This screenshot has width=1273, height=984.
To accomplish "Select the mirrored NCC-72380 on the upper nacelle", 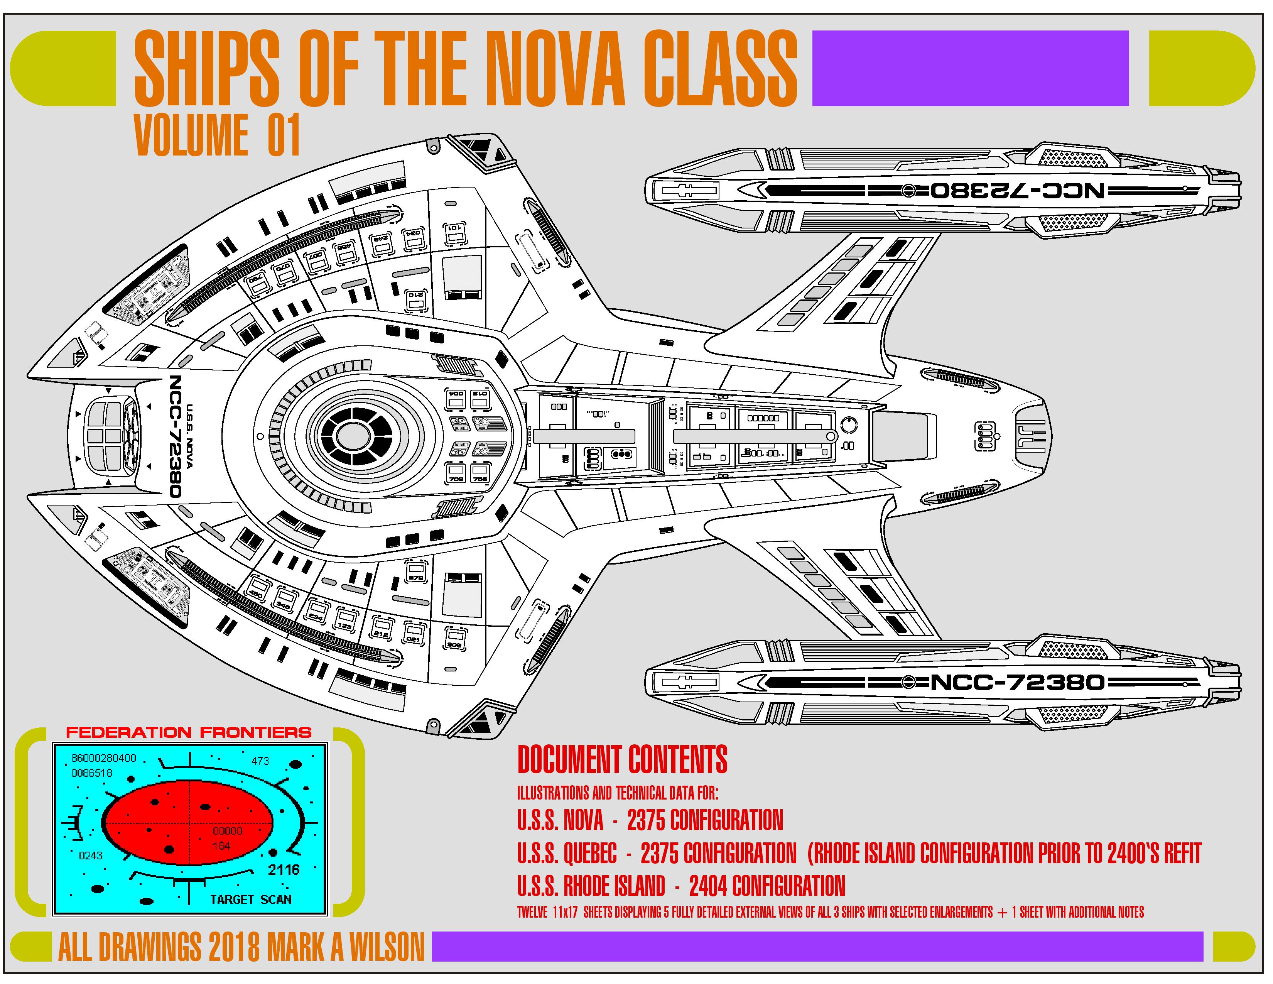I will [1017, 191].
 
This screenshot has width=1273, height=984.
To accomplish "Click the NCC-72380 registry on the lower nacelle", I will [1017, 681].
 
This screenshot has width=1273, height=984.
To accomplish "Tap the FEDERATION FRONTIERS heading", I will [189, 732].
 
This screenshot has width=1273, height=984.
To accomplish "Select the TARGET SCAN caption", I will [251, 899].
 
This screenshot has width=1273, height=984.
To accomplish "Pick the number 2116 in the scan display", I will [284, 870].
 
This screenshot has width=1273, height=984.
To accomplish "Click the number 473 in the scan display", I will [260, 761].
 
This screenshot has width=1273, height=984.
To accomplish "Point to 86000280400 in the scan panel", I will [104, 758].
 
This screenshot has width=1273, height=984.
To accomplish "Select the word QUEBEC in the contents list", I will [590, 854].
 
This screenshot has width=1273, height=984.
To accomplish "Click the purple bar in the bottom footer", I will [816, 946].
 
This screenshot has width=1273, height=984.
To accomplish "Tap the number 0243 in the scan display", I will [90, 856].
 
